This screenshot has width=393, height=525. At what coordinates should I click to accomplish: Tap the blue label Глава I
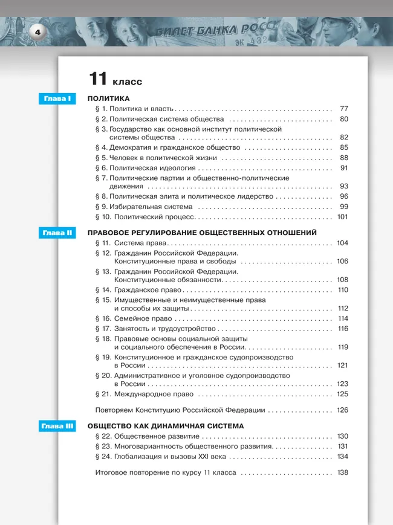click(x=56, y=98)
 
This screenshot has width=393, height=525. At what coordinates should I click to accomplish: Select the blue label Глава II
click(x=56, y=233)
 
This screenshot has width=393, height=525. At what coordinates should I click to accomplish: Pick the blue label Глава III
click(x=56, y=426)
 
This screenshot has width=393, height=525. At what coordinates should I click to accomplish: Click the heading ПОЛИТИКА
click(x=109, y=98)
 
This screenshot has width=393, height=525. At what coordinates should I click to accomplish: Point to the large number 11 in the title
click(x=98, y=79)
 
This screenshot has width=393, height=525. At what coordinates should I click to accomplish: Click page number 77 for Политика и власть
click(x=344, y=109)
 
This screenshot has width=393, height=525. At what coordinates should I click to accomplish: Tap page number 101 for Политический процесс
click(x=343, y=216)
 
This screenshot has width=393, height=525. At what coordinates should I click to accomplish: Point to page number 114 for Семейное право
click(x=343, y=318)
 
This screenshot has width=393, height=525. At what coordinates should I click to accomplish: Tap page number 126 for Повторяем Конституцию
click(x=343, y=410)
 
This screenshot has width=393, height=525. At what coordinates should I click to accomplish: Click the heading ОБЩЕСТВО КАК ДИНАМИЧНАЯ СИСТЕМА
click(x=166, y=426)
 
